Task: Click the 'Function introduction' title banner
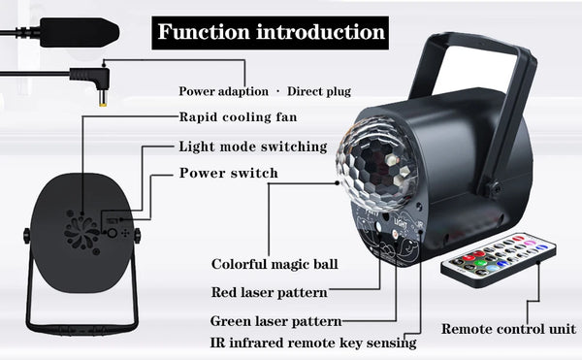tap(271, 33)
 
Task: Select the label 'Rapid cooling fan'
tap(238, 117)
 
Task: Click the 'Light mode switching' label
tap(253, 147)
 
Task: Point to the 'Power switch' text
tap(228, 173)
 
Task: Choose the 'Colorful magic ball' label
tap(275, 264)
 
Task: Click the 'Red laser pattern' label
tap(269, 292)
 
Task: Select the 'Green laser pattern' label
tap(275, 321)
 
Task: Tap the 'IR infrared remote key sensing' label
tap(313, 343)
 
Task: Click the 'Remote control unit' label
tap(508, 329)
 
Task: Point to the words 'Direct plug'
tap(319, 91)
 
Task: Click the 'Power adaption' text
tap(223, 91)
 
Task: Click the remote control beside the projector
tap(499, 260)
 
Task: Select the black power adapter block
tap(80, 32)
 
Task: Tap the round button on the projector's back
tap(113, 234)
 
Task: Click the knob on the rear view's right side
tap(138, 235)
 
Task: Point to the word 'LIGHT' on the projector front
tap(401, 224)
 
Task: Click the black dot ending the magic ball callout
tap(337, 182)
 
